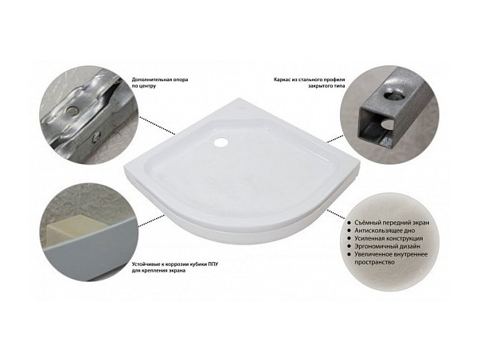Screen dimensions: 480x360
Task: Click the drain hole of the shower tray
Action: click(x=220, y=142)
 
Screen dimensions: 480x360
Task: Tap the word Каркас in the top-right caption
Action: click(x=282, y=80)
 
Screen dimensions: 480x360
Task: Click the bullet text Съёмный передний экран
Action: click(x=392, y=222)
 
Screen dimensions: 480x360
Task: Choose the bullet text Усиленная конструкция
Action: click(x=388, y=238)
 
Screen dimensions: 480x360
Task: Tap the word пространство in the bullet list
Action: click(x=374, y=262)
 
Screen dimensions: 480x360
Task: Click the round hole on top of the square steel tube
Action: click(x=392, y=96)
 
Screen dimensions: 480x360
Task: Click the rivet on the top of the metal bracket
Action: click(x=72, y=109)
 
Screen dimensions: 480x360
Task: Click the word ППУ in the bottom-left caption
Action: click(x=213, y=264)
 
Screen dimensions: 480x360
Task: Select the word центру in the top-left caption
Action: click(x=148, y=86)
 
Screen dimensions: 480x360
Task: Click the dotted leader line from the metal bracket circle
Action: click(x=158, y=126)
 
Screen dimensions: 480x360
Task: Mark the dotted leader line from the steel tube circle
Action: click(x=335, y=139)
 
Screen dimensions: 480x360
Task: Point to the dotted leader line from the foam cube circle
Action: click(x=152, y=221)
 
